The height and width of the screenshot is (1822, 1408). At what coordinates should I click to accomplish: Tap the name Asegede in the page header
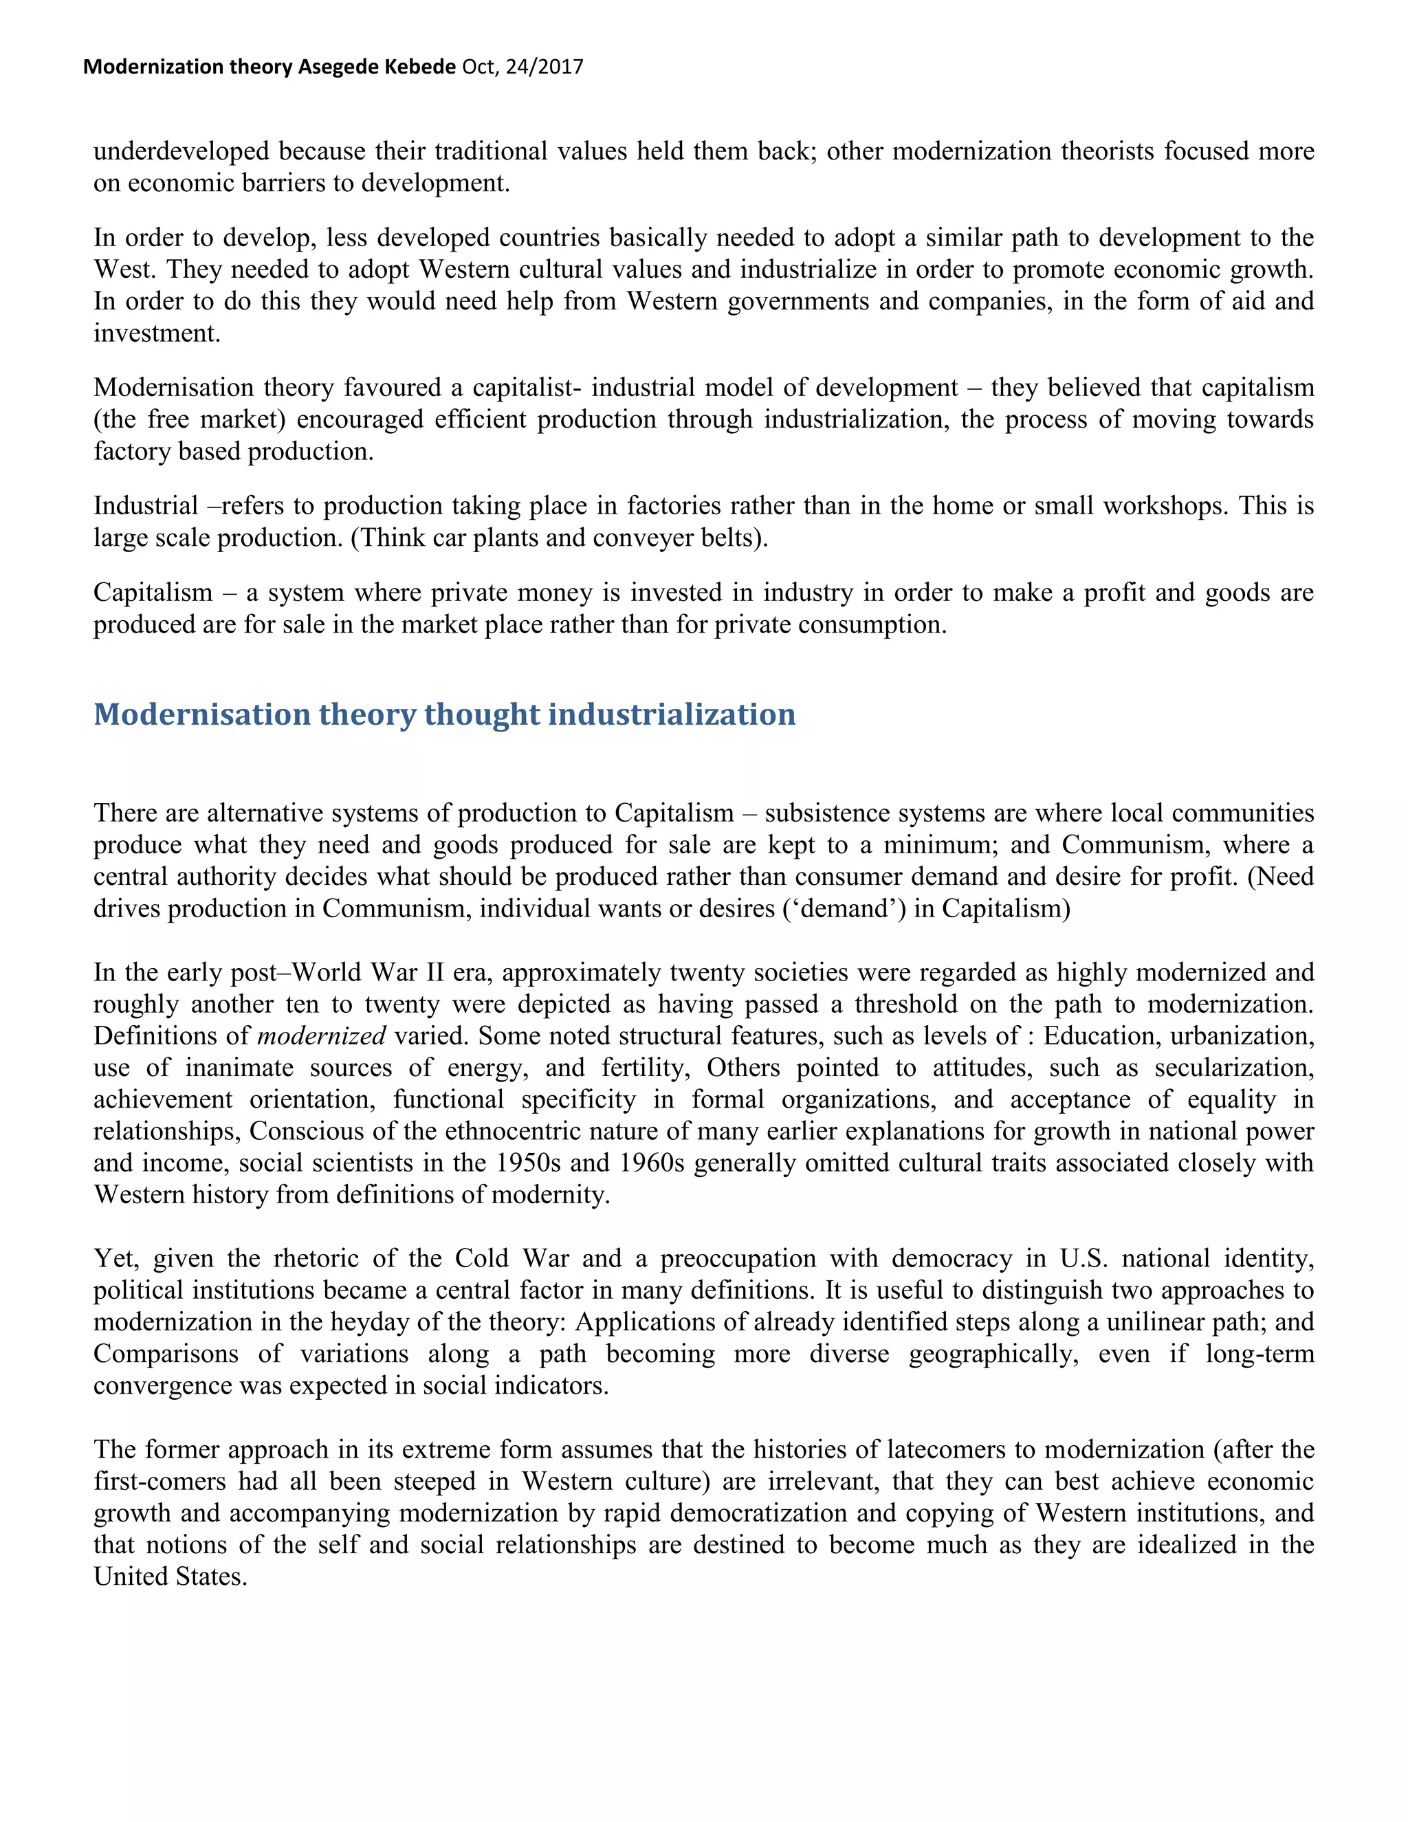(337, 67)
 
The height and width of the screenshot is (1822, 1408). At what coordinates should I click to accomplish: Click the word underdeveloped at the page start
(181, 151)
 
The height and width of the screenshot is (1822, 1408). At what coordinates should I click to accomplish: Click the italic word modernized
(322, 1035)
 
